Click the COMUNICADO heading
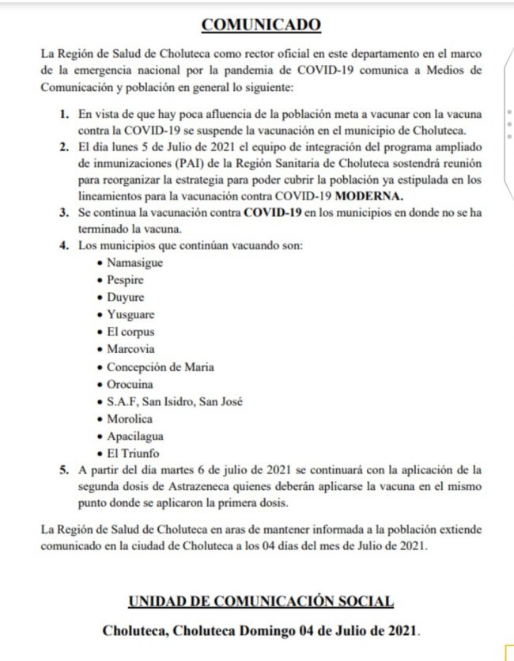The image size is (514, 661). click(261, 25)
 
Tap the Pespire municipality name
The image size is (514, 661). click(125, 280)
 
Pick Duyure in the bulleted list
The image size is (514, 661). click(125, 298)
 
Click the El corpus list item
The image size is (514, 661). click(130, 332)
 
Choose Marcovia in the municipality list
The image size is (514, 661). click(130, 349)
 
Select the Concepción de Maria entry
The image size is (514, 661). click(161, 367)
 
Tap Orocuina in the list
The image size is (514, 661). click(130, 384)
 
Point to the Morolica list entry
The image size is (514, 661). click(130, 419)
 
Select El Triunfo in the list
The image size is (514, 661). click(133, 454)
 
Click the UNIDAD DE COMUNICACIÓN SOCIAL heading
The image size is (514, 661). click(261, 602)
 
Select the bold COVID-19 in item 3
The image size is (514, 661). click(274, 212)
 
